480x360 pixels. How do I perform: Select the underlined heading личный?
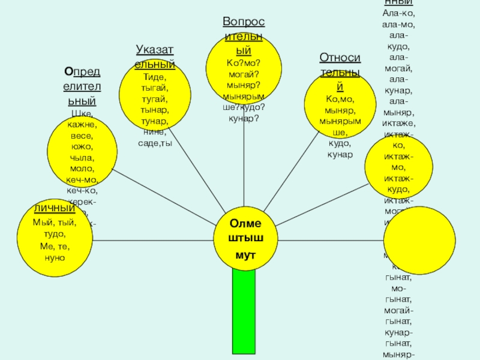click(x=54, y=208)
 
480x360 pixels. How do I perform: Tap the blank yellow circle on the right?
click(x=416, y=239)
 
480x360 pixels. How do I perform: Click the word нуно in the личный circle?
click(x=54, y=257)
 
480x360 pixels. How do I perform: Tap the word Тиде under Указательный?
click(x=155, y=77)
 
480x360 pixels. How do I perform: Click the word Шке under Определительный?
click(x=82, y=115)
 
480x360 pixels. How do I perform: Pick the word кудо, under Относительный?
click(x=340, y=144)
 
